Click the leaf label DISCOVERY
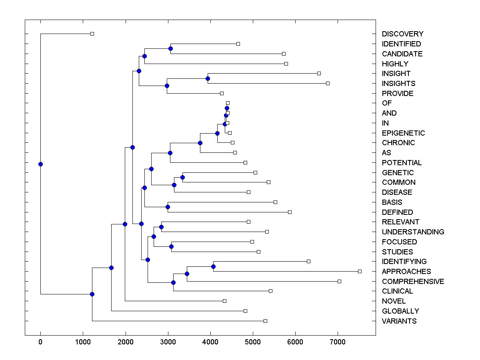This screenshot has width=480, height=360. pos(402,34)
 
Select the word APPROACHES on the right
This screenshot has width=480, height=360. pos(406,272)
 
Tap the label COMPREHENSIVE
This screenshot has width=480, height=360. pos(413,282)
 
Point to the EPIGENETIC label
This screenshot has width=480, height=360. pos(403,133)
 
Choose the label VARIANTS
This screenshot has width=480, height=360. pos(399,321)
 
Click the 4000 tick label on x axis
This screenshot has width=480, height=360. pos(210,342)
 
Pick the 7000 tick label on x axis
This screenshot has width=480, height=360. pos(338,342)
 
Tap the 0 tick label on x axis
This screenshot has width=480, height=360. pos(40,342)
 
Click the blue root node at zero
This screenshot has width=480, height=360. pos(40,164)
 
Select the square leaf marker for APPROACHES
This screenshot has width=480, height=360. pos(360,271)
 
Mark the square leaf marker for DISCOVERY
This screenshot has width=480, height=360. pos(92,34)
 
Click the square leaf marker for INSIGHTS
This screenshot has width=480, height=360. pos(328,83)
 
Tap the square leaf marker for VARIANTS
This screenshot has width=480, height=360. pos(265,321)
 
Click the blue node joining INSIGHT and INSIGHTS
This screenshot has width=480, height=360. pos(208,78)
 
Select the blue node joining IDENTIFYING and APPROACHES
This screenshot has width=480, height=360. pos(213,266)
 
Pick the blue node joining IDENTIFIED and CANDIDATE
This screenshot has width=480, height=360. pos(170,48)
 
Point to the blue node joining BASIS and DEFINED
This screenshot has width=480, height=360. pos(168,207)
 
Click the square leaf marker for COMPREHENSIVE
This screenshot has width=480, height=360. pos(339,281)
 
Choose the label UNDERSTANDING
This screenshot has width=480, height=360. pos(413,232)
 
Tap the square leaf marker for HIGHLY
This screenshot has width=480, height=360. pos(286,64)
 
